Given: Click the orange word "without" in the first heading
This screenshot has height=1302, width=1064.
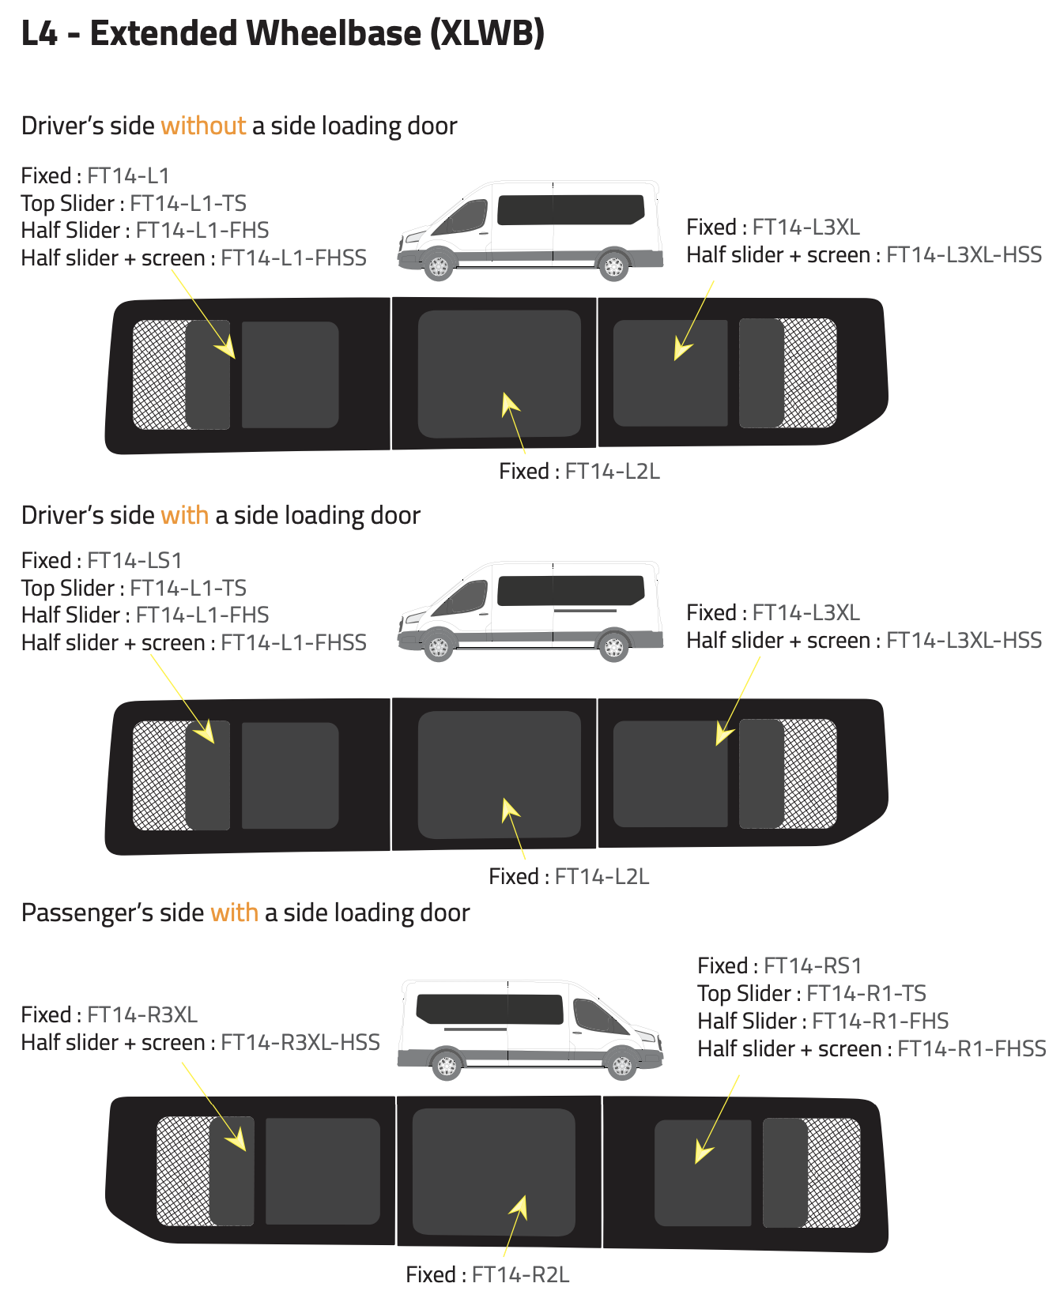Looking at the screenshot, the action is pyautogui.click(x=203, y=126).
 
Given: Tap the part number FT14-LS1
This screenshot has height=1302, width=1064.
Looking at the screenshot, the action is pyautogui.click(x=134, y=560).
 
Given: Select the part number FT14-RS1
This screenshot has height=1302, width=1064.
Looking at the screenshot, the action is pyautogui.click(x=813, y=965).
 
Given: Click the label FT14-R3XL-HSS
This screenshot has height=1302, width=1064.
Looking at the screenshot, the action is pyautogui.click(x=300, y=1042).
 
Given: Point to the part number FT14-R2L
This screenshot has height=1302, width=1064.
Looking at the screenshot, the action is pyautogui.click(x=520, y=1274).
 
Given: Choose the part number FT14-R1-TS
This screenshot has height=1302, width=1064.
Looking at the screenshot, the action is pyautogui.click(x=866, y=993).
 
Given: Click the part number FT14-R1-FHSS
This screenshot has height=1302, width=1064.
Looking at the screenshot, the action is pyautogui.click(x=972, y=1048).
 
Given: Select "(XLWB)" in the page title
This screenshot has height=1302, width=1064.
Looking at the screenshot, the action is pyautogui.click(x=487, y=34).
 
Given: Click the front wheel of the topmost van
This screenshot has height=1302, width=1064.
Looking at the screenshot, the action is pyautogui.click(x=438, y=266).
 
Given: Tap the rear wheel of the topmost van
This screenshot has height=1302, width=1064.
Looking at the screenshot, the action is pyautogui.click(x=613, y=266).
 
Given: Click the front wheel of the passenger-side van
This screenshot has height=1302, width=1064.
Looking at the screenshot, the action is pyautogui.click(x=622, y=1066).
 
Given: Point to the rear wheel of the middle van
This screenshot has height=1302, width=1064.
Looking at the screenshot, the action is pyautogui.click(x=613, y=647).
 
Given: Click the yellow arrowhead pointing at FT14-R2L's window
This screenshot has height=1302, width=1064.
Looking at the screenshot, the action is pyautogui.click(x=519, y=1207).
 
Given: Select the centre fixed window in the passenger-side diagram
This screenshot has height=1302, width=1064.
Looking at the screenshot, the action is pyautogui.click(x=494, y=1172).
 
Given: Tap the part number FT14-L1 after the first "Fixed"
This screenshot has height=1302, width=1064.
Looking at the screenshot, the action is pyautogui.click(x=128, y=175).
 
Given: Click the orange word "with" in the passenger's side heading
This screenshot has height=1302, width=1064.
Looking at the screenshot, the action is pyautogui.click(x=234, y=913).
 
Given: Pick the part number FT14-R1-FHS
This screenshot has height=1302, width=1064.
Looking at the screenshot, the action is pyautogui.click(x=881, y=1021).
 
